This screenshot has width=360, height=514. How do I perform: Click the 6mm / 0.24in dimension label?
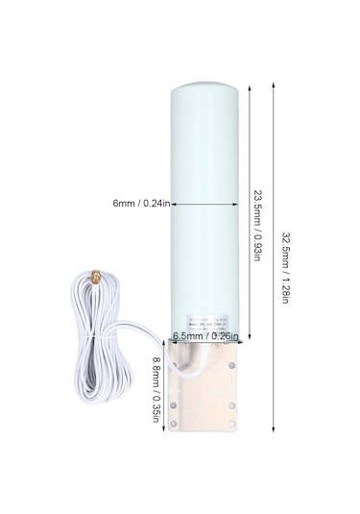coord(140,204)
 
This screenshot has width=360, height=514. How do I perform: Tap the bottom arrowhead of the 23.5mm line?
coord(251,343)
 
